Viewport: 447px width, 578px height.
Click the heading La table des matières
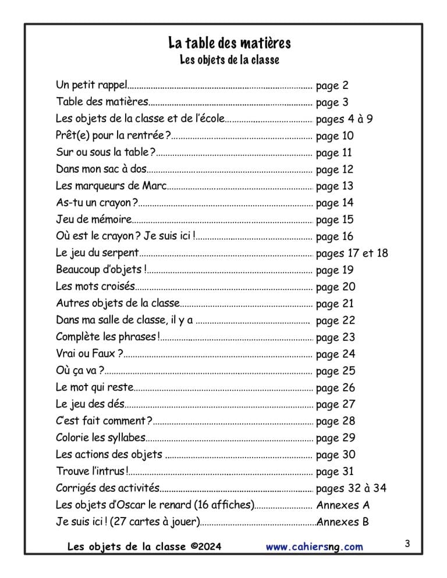[229, 43]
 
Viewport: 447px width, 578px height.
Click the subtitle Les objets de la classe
[229, 60]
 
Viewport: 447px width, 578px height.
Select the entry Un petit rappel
[91, 85]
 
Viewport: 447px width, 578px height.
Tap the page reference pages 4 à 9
[344, 119]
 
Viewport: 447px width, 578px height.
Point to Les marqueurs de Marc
[111, 186]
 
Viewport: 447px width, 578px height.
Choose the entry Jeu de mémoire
[94, 220]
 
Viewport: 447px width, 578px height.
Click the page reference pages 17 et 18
[352, 254]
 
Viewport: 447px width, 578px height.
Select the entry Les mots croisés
[95, 287]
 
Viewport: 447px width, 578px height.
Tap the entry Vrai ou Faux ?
[89, 354]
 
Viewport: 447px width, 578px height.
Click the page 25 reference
[335, 370]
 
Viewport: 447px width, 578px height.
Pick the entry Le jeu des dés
[90, 404]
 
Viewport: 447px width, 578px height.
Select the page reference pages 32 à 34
[351, 488]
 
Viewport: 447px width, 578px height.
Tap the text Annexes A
[343, 505]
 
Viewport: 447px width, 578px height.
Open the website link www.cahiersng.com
[314, 547]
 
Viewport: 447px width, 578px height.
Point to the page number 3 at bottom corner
[407, 544]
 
